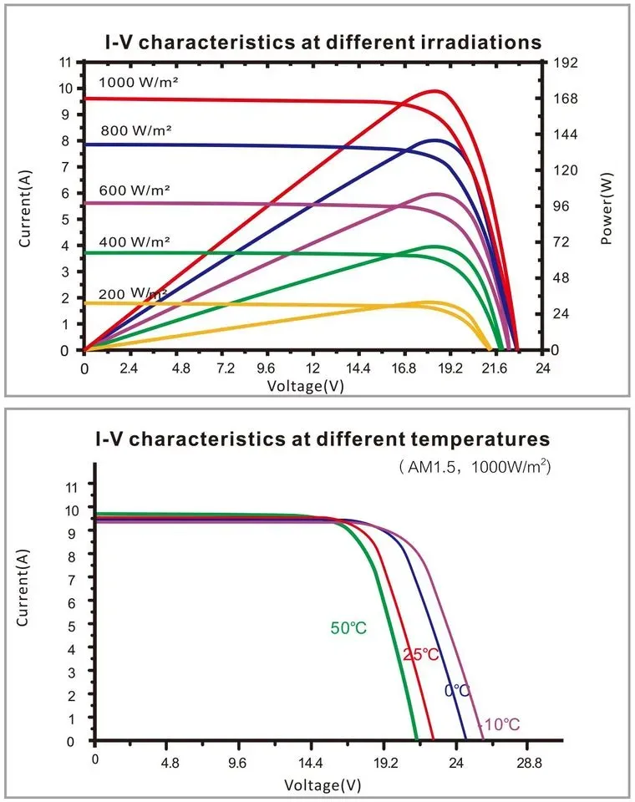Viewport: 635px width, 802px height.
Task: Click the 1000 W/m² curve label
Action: coord(138,83)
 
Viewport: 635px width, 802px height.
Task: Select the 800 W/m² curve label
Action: coord(135,131)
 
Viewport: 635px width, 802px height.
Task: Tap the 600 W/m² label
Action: coord(134,190)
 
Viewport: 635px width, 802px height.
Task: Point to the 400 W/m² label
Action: coord(134,241)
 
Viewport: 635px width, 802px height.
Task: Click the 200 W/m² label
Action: coord(133,294)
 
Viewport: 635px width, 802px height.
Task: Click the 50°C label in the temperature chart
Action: coord(348,627)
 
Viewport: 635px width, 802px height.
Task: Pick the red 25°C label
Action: coord(420,654)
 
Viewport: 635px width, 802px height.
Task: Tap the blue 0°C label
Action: coord(457,691)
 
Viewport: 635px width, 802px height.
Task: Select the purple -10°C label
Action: coord(499,724)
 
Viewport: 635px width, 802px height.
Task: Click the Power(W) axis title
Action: coord(607,208)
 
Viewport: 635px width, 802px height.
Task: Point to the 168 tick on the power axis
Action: coord(566,99)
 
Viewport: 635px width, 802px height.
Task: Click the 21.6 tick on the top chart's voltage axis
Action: coord(495,368)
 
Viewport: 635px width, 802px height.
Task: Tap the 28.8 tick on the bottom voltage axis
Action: coord(529,763)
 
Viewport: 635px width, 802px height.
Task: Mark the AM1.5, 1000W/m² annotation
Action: coord(475,466)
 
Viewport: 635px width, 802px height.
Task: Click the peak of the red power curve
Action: coord(435,91)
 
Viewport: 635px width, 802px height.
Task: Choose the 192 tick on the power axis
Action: coord(566,63)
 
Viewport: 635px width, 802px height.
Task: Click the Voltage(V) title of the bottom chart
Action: coord(323,785)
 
